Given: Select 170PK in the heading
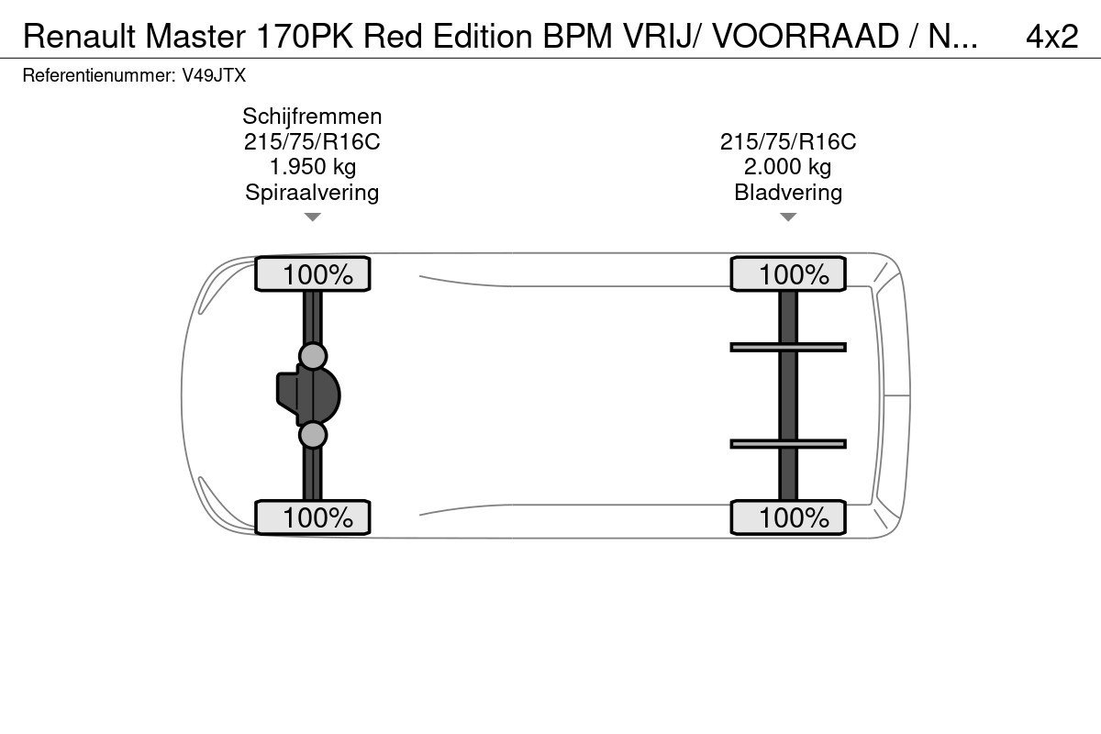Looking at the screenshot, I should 303,36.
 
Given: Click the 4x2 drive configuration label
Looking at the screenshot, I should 1051,36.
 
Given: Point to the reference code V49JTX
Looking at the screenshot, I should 213,76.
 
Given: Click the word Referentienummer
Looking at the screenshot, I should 96,76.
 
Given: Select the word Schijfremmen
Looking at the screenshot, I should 312,117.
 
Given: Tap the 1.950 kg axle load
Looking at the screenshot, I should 312,167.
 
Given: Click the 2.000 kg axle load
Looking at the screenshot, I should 788,167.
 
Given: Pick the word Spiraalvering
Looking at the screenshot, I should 312,192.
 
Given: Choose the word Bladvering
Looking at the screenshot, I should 788,192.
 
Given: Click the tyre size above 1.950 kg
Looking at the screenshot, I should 312,142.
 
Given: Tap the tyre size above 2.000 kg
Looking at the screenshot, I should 788,142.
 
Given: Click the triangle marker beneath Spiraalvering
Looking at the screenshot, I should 312,217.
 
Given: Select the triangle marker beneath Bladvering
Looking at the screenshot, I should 788,217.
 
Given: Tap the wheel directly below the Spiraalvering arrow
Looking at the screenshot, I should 312,274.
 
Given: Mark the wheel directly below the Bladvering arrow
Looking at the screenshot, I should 788,274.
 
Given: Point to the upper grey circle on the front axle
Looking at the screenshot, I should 313,356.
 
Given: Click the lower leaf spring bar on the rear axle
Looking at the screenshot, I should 788,444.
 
